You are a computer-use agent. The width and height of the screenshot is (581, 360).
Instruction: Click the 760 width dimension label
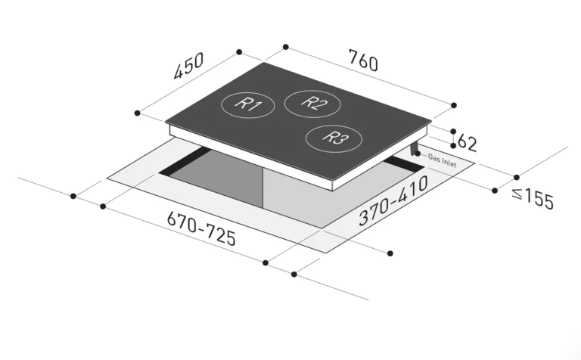click(363, 61)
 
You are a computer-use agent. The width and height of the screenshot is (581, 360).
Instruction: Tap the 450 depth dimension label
click(188, 66)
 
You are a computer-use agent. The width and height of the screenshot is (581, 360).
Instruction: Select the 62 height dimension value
click(468, 143)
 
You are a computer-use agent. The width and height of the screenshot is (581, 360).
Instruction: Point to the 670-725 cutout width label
click(201, 228)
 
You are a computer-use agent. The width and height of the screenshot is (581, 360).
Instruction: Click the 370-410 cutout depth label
click(393, 200)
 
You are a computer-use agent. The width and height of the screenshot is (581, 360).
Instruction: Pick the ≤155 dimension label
click(533, 198)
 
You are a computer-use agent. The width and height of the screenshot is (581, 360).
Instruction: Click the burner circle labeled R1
click(248, 105)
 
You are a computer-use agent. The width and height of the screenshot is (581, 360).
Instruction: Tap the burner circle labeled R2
click(312, 104)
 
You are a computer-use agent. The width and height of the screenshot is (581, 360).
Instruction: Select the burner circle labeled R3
click(334, 138)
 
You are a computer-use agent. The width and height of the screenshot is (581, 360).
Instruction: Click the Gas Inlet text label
click(442, 160)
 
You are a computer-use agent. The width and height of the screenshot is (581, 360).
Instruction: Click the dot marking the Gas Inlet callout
click(418, 153)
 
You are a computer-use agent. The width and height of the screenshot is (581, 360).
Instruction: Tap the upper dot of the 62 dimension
click(453, 132)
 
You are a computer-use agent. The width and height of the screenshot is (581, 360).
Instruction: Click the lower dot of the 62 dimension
click(453, 145)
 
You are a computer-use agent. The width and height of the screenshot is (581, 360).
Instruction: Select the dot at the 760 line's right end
click(454, 106)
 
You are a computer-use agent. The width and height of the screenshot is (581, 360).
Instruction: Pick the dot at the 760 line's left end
click(286, 47)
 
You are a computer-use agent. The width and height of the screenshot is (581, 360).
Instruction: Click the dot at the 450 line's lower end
click(138, 113)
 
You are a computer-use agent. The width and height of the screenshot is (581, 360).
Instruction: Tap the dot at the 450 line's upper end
click(239, 52)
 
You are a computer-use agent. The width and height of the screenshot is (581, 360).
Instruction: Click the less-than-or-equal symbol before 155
click(517, 193)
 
